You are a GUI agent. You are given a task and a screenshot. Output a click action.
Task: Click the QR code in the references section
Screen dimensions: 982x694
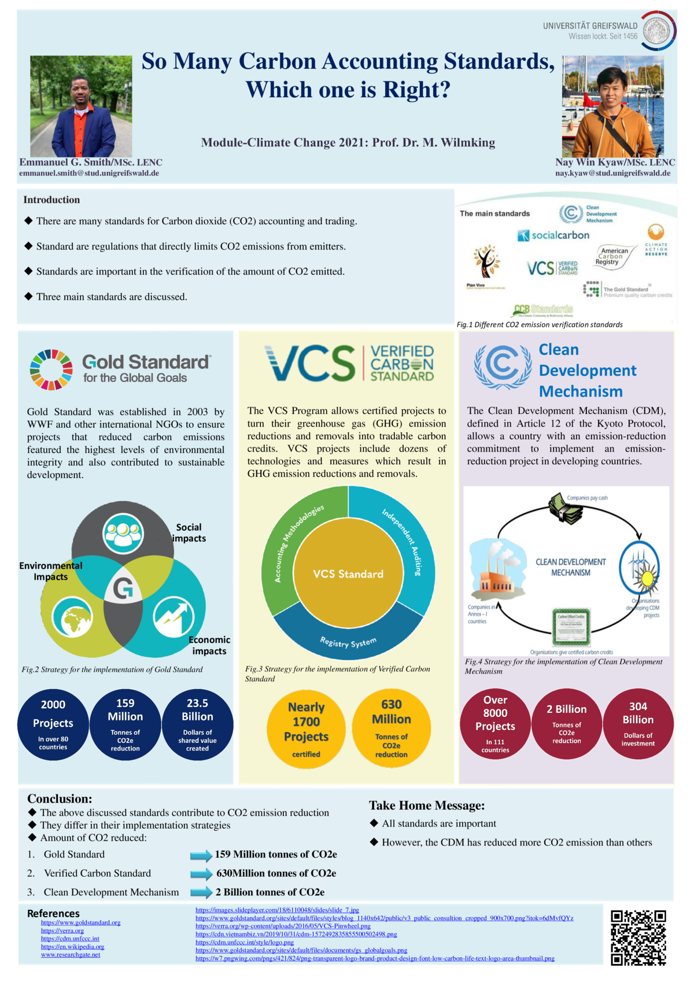point(638,937)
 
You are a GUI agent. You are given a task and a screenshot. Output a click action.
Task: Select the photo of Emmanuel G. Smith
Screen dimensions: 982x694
point(81,106)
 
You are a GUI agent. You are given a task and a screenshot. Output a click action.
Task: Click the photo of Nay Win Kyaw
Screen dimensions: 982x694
point(612,106)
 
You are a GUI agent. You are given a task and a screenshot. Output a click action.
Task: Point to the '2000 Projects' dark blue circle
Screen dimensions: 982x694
point(53,724)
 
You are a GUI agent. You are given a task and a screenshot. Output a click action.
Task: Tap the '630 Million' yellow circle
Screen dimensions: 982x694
point(392,727)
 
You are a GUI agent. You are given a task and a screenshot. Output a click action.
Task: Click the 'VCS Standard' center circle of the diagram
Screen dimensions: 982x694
point(348,574)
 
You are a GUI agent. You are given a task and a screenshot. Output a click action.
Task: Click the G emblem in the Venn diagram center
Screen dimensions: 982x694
point(123,589)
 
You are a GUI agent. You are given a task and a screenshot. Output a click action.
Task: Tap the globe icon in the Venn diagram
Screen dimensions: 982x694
point(72,617)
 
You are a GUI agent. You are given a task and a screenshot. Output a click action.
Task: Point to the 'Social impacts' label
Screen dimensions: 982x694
point(190,533)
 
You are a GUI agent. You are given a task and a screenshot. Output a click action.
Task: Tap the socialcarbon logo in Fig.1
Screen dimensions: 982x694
point(553,236)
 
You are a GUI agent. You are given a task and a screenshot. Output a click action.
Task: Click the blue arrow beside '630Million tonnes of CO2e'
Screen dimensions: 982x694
point(201,874)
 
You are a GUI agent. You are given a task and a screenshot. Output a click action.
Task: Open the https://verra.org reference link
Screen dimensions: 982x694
point(62,930)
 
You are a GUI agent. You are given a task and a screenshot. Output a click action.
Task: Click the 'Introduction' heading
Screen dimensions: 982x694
point(51,200)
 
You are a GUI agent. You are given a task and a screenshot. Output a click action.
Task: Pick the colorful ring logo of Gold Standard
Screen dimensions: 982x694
point(51,370)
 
